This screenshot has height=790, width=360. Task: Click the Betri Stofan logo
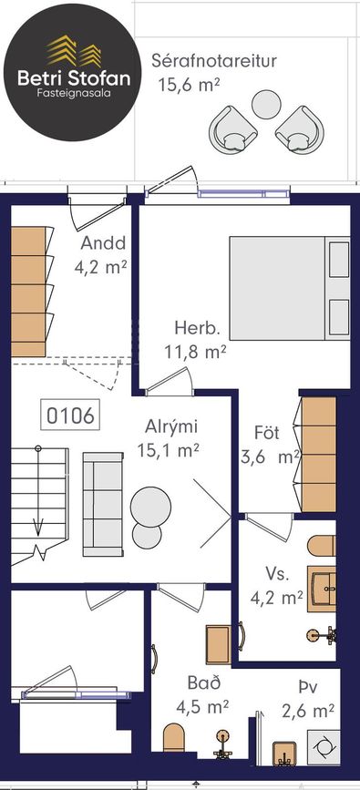(73, 73)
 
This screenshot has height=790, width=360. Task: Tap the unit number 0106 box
(70, 416)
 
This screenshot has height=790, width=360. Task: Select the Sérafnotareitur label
(214, 61)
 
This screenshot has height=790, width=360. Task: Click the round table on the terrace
(266, 104)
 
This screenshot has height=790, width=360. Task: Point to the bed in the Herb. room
(290, 288)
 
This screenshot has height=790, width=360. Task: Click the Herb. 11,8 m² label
(195, 340)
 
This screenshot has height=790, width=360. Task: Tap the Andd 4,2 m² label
(100, 254)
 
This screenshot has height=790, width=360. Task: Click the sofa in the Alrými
(103, 504)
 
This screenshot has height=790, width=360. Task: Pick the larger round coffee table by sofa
(150, 507)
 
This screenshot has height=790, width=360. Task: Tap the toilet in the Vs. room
(321, 546)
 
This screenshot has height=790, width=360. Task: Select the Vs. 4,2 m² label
(277, 586)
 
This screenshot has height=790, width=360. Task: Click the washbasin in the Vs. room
(322, 589)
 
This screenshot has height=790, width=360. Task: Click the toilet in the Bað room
(174, 741)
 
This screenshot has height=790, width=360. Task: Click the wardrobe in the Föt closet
(319, 455)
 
